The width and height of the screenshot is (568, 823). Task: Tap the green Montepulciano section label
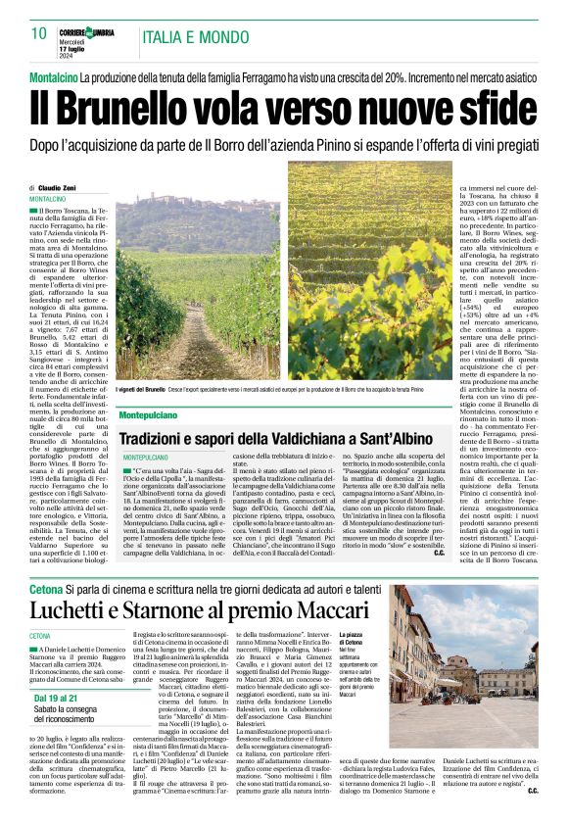tap(148, 416)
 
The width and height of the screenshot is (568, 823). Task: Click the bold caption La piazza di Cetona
tap(378, 640)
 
